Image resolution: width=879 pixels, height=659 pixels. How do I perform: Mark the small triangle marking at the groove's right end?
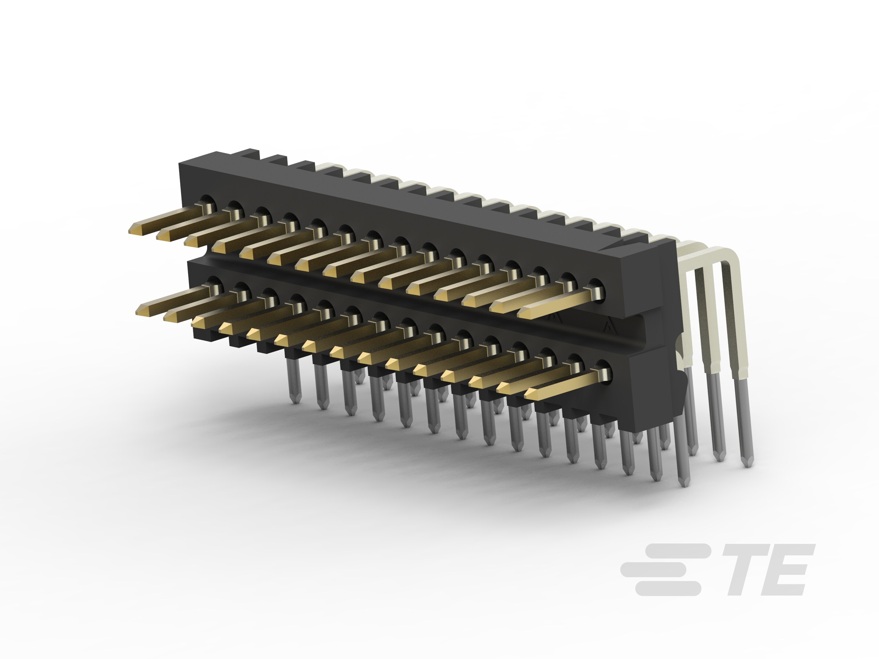click(607, 327)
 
